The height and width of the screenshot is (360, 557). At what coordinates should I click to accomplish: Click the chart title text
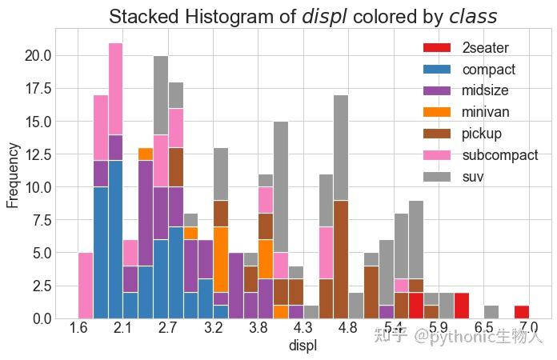(x=303, y=17)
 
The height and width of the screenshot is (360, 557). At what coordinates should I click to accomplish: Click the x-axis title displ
(x=302, y=346)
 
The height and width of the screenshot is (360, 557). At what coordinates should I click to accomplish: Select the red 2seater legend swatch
(x=439, y=48)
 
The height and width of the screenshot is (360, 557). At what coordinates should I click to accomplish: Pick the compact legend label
(x=488, y=70)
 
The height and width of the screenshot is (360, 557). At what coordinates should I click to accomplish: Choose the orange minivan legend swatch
(x=439, y=112)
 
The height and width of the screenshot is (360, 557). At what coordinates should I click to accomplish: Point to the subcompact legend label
(x=500, y=155)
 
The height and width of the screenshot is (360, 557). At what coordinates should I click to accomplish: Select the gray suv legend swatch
(x=439, y=176)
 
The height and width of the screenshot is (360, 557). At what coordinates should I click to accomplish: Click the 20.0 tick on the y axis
(x=38, y=56)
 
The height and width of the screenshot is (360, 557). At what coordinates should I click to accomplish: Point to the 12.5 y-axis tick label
(x=38, y=154)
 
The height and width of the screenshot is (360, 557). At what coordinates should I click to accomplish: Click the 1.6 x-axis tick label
(x=78, y=330)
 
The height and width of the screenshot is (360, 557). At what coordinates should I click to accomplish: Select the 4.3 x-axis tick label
(x=303, y=330)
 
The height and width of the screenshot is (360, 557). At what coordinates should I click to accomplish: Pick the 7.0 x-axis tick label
(x=528, y=330)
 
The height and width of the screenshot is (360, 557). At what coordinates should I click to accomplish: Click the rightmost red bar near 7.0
(x=522, y=312)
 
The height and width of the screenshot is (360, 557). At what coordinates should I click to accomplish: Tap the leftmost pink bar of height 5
(x=86, y=286)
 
